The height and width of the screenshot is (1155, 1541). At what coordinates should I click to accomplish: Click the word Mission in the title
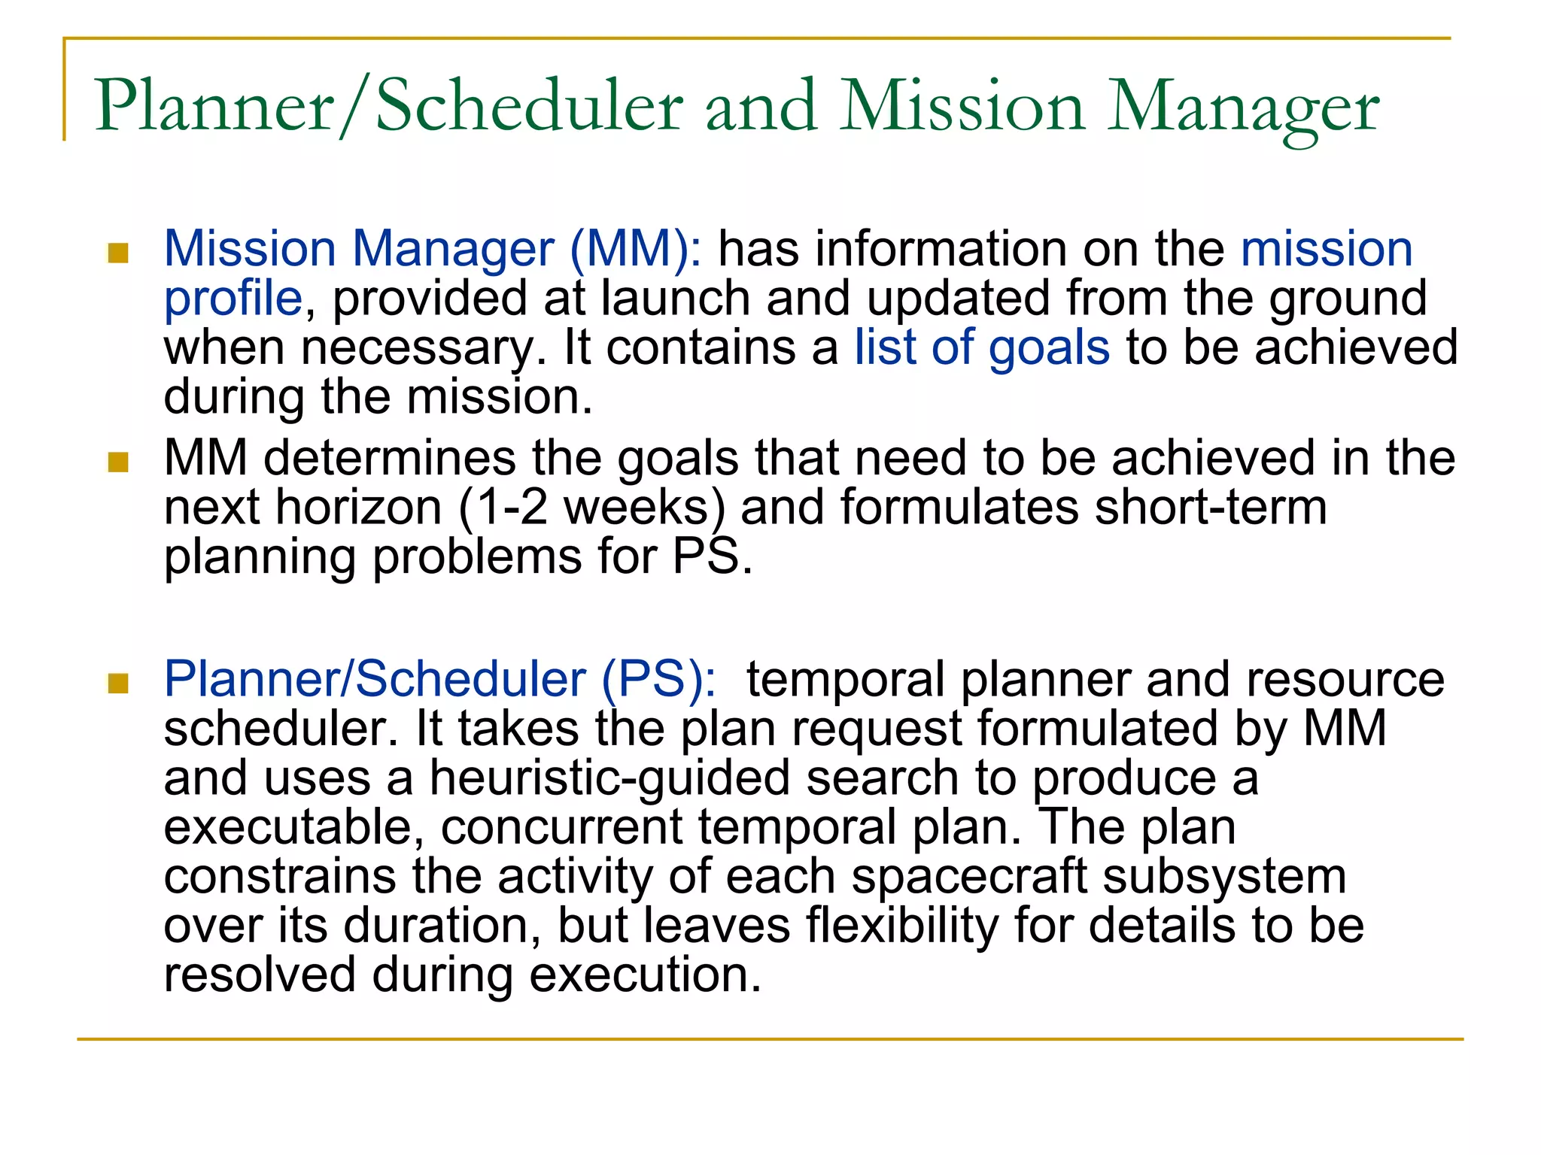(x=963, y=108)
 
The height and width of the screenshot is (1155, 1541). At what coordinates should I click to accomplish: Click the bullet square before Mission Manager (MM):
(x=118, y=253)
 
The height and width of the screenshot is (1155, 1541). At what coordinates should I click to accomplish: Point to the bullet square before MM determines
(x=118, y=462)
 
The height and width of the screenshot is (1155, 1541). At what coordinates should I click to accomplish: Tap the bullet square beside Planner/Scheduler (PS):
(x=118, y=684)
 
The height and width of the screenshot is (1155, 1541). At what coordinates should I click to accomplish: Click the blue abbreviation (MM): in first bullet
(x=636, y=249)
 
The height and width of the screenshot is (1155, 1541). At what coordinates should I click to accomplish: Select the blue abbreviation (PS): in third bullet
(x=659, y=680)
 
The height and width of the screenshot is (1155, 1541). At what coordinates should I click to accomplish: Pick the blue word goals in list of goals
(x=1049, y=348)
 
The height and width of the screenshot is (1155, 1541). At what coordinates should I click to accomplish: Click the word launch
(x=676, y=299)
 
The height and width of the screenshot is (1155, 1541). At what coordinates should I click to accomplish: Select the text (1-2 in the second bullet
(x=503, y=508)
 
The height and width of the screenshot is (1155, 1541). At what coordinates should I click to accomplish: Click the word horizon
(x=359, y=508)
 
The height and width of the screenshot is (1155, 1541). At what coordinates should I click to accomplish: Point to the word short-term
(x=1211, y=508)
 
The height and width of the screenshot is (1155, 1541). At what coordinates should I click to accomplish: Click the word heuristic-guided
(x=609, y=778)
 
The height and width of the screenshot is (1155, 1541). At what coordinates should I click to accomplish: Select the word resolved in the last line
(x=260, y=975)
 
